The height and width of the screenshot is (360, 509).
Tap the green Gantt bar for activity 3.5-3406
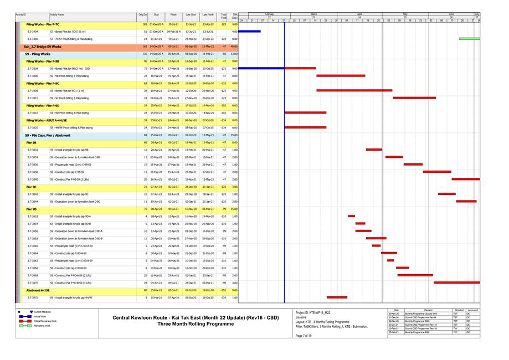(x=469, y=39)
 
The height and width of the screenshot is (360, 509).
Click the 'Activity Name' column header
(x=56, y=14)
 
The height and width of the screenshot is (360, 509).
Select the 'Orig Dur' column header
(x=143, y=14)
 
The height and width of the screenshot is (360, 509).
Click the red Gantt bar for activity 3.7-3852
(x=351, y=216)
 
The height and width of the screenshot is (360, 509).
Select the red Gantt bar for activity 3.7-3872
(x=337, y=297)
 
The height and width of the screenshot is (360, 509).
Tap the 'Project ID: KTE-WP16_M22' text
(x=313, y=312)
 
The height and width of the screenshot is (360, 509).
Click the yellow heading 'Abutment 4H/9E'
(x=38, y=290)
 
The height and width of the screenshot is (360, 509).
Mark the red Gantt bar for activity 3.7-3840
(x=466, y=179)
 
